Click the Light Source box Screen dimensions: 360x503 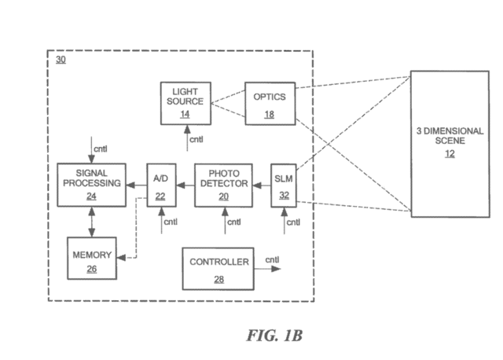pyautogui.click(x=185, y=102)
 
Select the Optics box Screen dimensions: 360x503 pyautogui.click(x=270, y=102)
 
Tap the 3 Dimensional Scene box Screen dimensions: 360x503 pyautogui.click(x=450, y=143)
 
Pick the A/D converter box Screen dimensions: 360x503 pyautogui.click(x=161, y=184)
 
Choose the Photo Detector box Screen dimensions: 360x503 pyautogui.click(x=221, y=184)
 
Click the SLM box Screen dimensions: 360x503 pyautogui.click(x=282, y=184)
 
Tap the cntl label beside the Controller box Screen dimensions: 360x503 pyautogui.click(x=272, y=260)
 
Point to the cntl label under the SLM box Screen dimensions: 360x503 pyautogui.click(x=292, y=222)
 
